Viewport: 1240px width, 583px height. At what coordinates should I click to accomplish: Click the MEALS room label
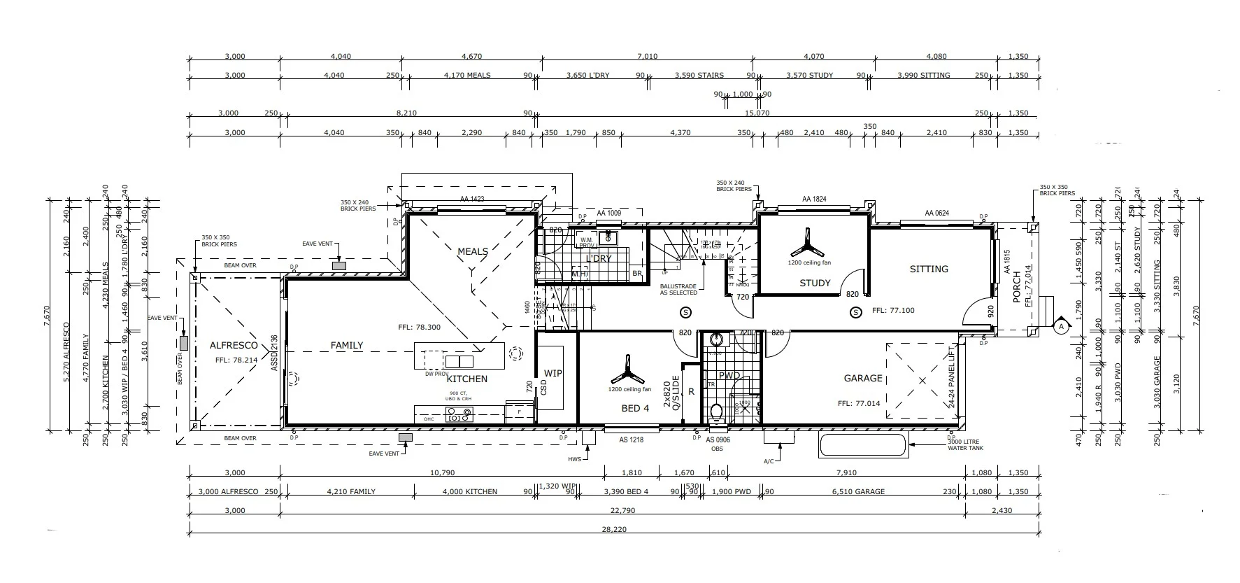[x=473, y=251]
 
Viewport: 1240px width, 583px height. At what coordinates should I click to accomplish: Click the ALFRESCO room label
[x=234, y=345]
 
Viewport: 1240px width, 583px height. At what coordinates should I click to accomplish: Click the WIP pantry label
[x=553, y=373]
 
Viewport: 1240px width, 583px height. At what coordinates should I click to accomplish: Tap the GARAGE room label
[x=863, y=378]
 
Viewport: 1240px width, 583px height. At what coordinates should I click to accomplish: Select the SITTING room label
[x=929, y=269]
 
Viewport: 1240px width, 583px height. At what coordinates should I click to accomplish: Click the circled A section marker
[x=1061, y=326]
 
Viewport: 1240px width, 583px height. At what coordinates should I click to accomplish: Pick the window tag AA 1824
[x=814, y=199]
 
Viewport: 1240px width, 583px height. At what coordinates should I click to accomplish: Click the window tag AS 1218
[x=631, y=440]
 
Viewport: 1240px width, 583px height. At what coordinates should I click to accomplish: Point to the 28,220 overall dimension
[x=613, y=530]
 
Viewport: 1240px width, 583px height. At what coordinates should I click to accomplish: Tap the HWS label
[x=574, y=458]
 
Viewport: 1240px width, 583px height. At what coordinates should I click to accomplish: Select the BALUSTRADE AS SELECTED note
[x=678, y=289]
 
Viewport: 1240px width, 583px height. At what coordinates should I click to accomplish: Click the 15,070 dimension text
[x=757, y=113]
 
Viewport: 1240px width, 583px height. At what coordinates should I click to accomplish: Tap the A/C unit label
[x=768, y=461]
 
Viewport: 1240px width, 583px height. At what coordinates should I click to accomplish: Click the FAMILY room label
[x=347, y=345]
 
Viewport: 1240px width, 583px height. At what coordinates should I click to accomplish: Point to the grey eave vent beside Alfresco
[x=183, y=343]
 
